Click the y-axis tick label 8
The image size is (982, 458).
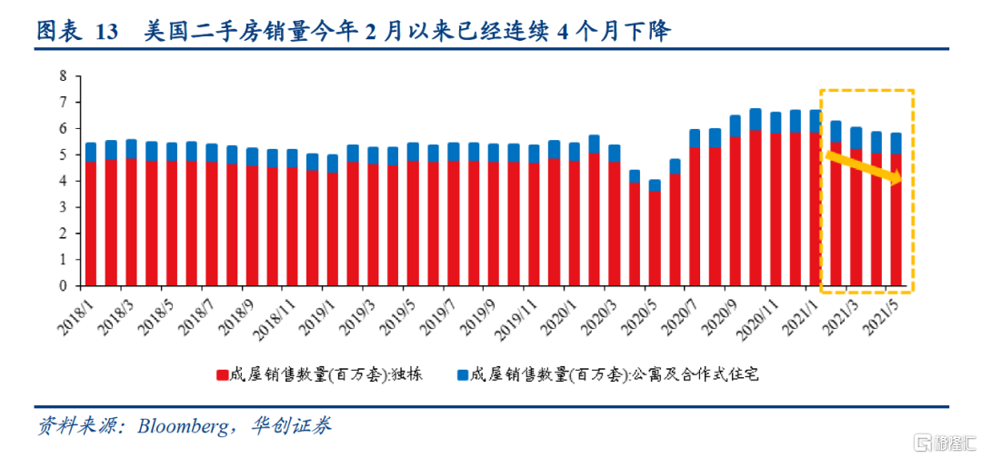click(x=64, y=76)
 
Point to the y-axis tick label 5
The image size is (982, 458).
click(x=64, y=155)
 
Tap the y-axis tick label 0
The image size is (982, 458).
click(x=64, y=285)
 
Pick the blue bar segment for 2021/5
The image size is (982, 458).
click(x=896, y=143)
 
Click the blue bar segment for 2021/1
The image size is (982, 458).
click(x=816, y=121)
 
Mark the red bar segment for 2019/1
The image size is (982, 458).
click(x=332, y=228)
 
